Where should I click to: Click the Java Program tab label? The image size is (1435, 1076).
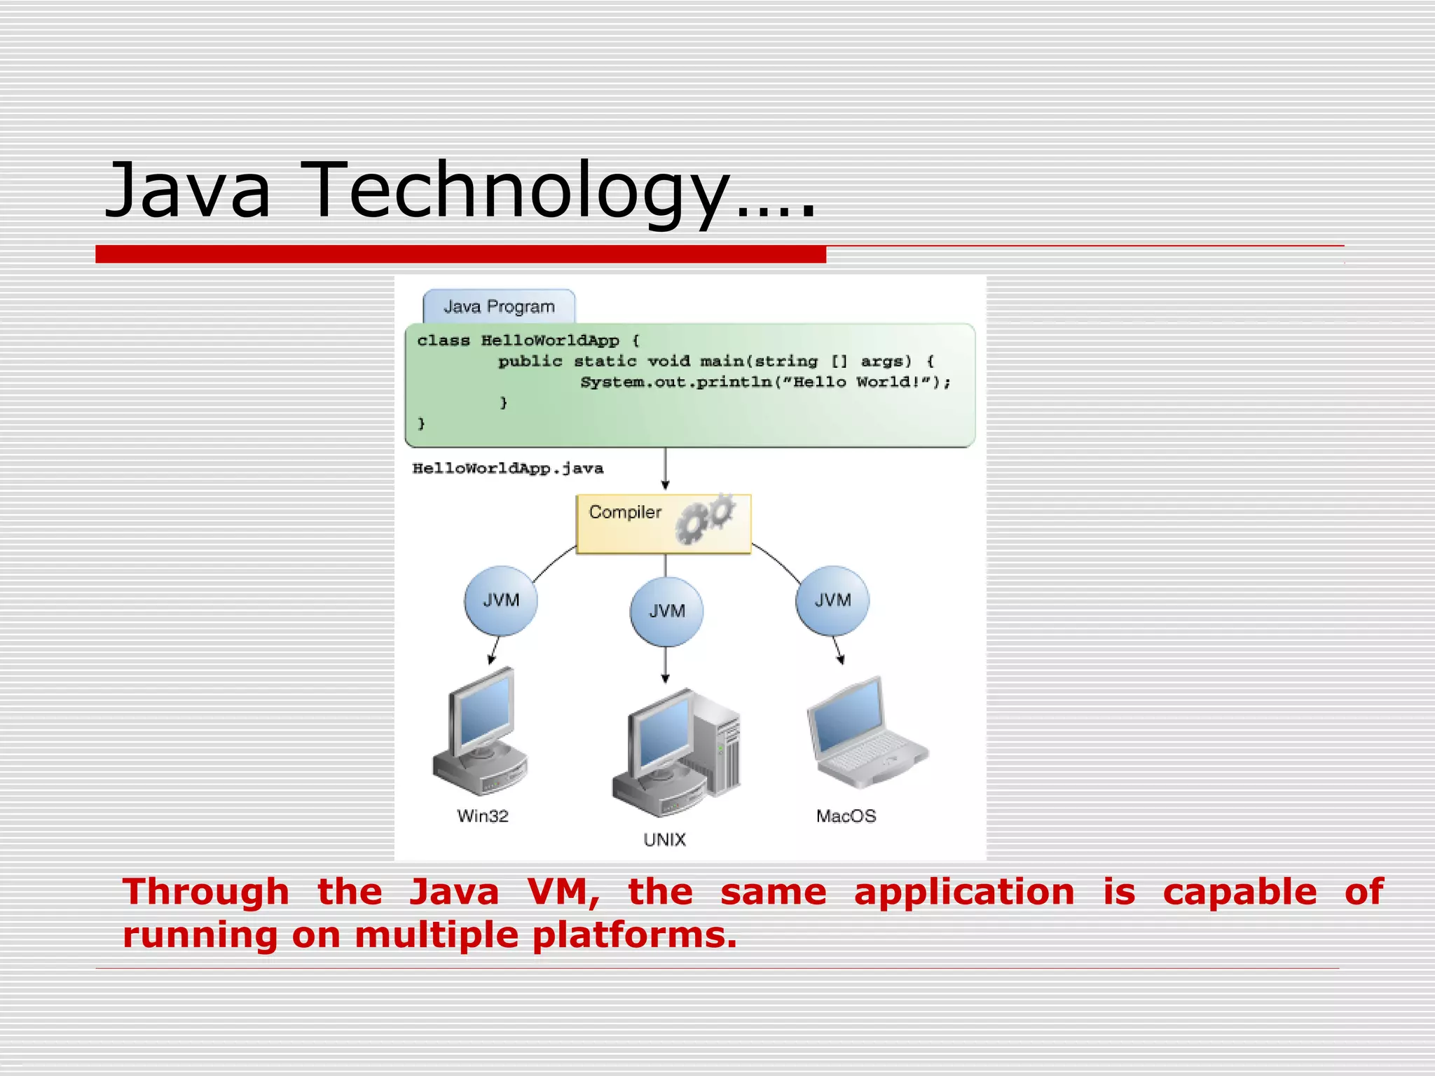[x=499, y=307]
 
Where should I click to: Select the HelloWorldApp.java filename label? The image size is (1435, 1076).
[x=507, y=468]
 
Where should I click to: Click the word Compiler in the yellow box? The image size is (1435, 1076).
[x=625, y=512]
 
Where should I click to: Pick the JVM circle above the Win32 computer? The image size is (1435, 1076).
[x=501, y=600]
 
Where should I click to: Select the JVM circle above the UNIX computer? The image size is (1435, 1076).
[x=666, y=611]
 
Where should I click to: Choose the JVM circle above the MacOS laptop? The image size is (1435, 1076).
[x=832, y=600]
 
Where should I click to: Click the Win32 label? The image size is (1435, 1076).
[x=482, y=816]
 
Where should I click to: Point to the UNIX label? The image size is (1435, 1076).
[x=664, y=839]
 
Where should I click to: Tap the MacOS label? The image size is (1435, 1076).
[x=846, y=816]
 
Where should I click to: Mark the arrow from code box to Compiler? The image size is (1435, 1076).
[x=665, y=469]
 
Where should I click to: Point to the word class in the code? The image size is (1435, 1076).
[x=443, y=340]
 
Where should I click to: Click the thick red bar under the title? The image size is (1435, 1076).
[x=460, y=254]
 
